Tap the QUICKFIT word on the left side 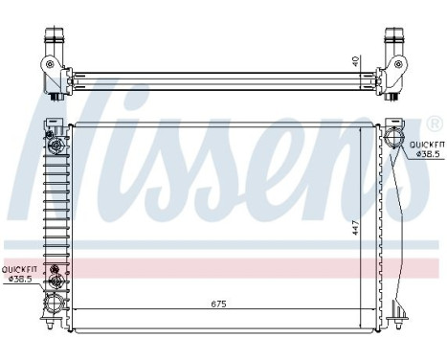pos(18,270)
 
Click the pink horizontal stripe pos(230,269)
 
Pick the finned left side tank pos(51,220)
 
